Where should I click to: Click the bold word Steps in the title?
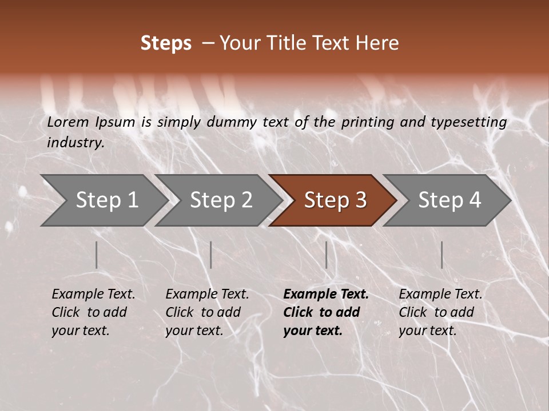pyautogui.click(x=166, y=43)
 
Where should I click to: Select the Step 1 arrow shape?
pyautogui.click(x=103, y=200)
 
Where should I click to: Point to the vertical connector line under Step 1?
pyautogui.click(x=97, y=255)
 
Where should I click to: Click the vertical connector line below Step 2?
pyautogui.click(x=211, y=255)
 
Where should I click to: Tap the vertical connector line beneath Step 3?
pyautogui.click(x=327, y=255)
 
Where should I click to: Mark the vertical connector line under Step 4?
pyautogui.click(x=441, y=255)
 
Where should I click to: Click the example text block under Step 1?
pyautogui.click(x=93, y=312)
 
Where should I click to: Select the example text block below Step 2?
pyautogui.click(x=207, y=312)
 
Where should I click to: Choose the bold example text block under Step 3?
pyautogui.click(x=326, y=312)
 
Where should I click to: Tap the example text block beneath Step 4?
pyautogui.click(x=440, y=312)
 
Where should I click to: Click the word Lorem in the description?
pyautogui.click(x=68, y=122)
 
